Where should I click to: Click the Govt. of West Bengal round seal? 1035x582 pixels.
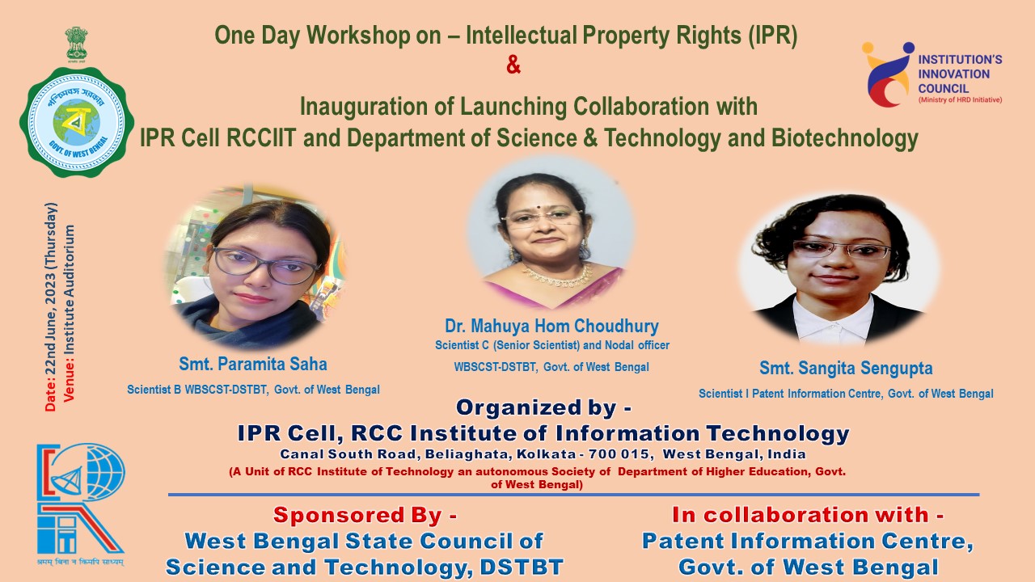77,122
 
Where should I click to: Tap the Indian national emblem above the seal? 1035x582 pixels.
76,44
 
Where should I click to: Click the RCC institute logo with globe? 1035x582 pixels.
80,499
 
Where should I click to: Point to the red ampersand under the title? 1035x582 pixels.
513,65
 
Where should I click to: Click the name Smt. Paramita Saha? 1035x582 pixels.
253,364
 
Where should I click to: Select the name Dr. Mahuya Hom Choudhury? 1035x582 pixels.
551,326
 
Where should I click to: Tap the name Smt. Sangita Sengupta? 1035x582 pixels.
846,368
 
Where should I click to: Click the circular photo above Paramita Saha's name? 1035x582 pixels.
255,268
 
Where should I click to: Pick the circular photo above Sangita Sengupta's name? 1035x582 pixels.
839,269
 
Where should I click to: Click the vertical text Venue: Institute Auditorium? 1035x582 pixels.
69,313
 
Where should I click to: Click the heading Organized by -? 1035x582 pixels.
543,407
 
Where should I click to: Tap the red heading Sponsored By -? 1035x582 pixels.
365,515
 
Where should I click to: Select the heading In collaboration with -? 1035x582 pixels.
808,515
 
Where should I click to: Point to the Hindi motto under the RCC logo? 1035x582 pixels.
80,562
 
